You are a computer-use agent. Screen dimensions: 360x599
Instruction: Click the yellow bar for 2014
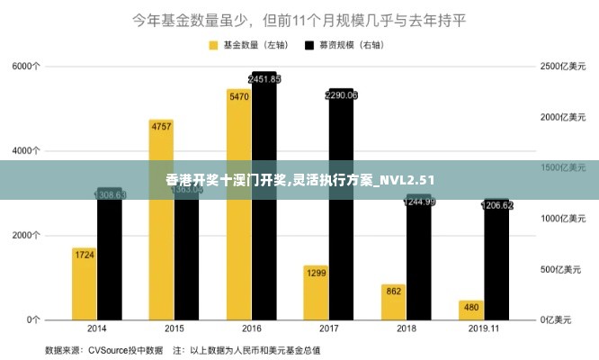85,283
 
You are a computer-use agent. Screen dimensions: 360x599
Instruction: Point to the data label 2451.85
264,79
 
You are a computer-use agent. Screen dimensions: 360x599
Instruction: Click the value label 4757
161,126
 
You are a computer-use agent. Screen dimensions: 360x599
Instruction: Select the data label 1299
316,272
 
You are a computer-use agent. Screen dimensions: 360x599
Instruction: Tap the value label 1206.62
496,205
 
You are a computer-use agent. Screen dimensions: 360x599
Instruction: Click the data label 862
393,291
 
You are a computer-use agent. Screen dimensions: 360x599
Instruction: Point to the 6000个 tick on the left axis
26,66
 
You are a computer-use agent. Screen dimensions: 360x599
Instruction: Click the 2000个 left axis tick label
26,235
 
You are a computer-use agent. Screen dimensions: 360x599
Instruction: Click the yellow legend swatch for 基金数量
214,44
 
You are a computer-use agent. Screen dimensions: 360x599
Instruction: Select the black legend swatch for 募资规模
309,44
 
